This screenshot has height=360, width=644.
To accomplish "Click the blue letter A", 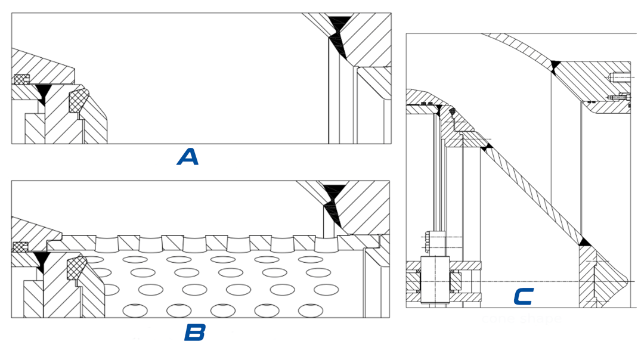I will pos(188,157).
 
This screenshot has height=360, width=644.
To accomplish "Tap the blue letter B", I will pos(194,333).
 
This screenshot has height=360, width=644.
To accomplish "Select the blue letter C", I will pos(524,296).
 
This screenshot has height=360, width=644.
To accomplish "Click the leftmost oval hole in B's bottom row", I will pos(134,310).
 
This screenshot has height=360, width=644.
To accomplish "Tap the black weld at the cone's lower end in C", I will pos(584,241).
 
